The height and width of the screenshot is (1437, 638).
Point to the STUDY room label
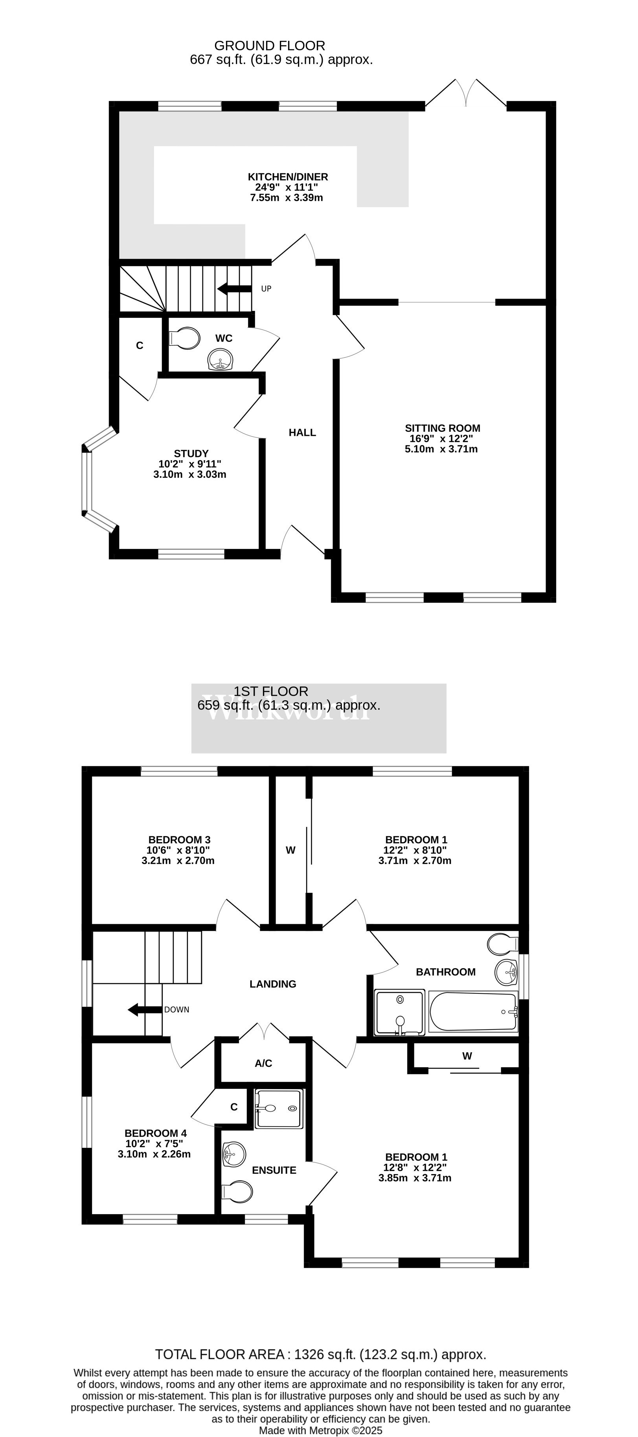pos(191,453)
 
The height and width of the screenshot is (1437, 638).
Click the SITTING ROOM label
pos(442,428)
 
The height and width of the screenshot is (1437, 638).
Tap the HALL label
pos(302,432)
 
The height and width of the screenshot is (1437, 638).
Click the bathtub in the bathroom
pos(473,1012)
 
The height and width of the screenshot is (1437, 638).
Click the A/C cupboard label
pos(263,1063)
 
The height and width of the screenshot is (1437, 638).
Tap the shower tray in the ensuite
pos(279,1108)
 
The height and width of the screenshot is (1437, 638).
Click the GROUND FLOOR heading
pos(270,46)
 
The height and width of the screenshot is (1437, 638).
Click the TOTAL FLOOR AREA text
pos(320,1354)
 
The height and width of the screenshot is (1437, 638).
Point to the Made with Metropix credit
pos(320,1430)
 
